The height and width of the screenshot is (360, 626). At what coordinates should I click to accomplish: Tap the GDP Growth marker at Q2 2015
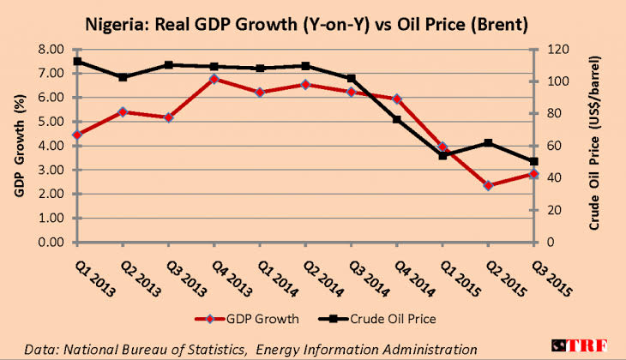pos(488,185)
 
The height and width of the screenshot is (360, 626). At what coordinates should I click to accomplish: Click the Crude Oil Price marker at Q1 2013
pos(77,62)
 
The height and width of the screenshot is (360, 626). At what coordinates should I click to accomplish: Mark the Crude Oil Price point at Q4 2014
pos(397,119)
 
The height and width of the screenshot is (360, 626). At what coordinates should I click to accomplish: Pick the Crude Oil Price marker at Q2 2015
pos(488,143)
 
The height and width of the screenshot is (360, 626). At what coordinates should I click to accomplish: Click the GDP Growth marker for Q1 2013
pos(77,135)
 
